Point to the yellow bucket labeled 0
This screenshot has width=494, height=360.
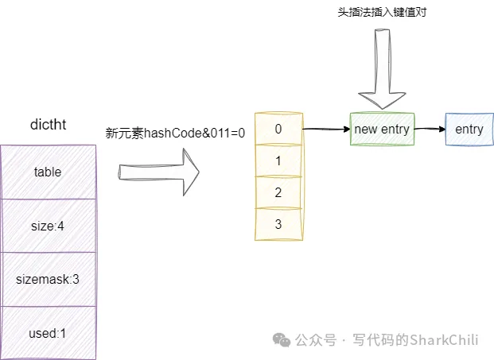pos(278,129)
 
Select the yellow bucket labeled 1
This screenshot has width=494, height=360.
pos(278,161)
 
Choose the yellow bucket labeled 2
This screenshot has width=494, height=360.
pos(278,192)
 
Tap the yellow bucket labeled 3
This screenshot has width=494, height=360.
pos(278,224)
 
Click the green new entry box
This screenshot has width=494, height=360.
pos(382,129)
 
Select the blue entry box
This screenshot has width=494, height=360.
pos(469,129)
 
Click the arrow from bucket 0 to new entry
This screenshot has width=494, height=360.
pos(325,128)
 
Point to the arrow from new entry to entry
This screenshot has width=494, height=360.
pos(429,129)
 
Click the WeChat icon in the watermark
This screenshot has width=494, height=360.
pos(282,339)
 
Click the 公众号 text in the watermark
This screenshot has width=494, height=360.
pos(314,339)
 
